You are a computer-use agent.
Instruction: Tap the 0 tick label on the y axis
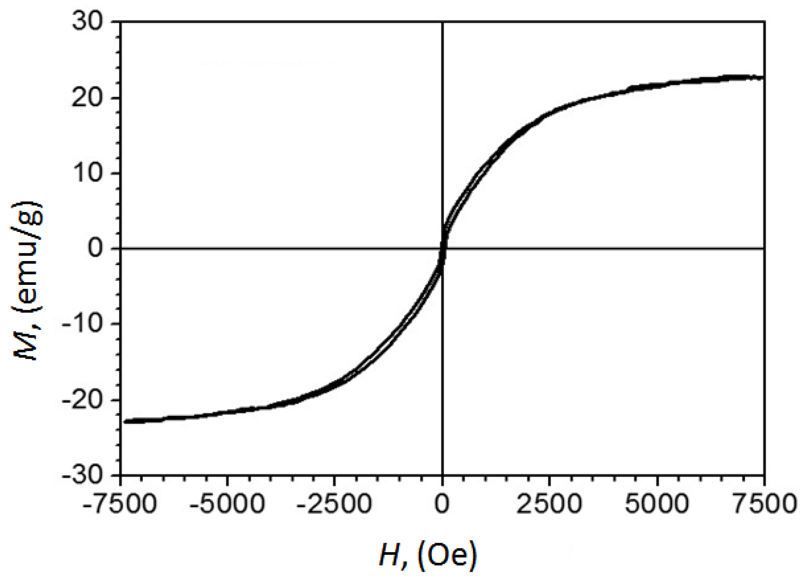(95, 248)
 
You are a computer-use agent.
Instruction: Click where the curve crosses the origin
(443, 249)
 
